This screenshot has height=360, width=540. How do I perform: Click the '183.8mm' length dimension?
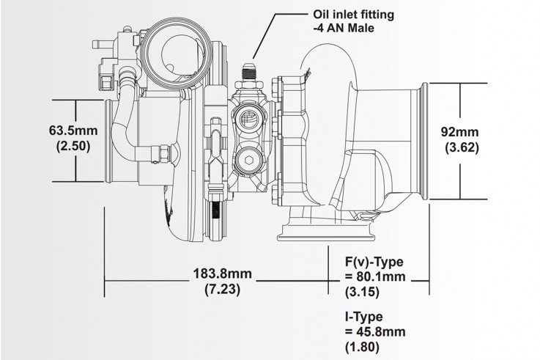pos(223,273)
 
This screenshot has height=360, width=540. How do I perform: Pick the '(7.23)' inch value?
pos(223,288)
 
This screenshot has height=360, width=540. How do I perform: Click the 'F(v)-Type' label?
pos(374,262)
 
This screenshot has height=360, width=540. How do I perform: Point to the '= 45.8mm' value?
pos(375,332)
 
